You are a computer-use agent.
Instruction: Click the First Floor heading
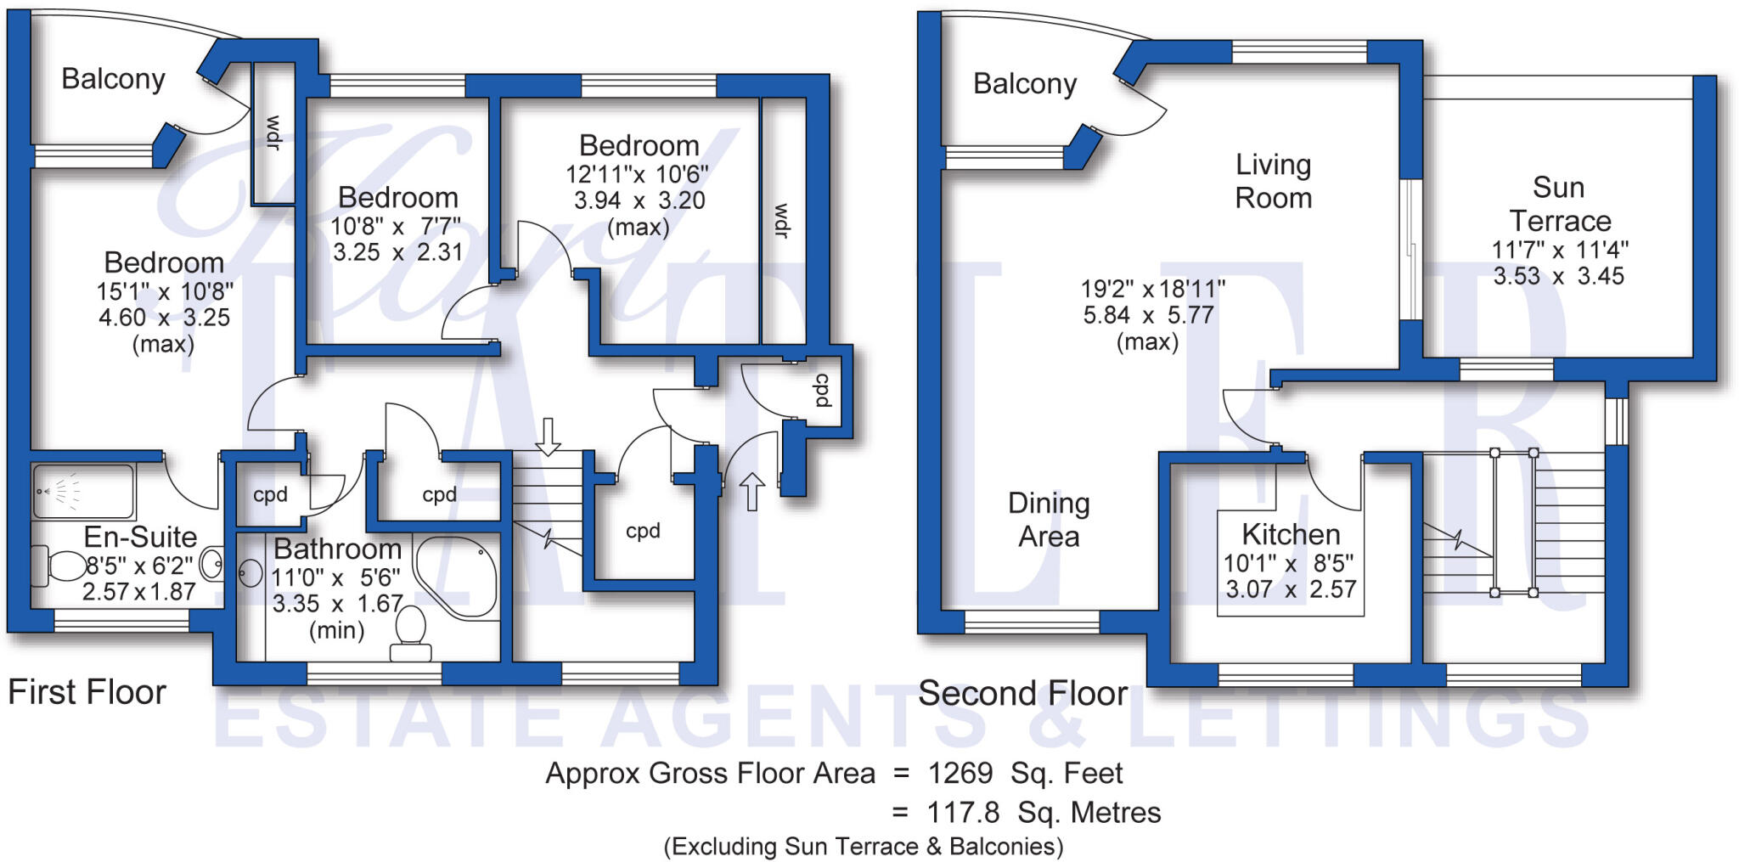click(87, 692)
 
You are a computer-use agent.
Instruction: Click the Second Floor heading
click(1022, 694)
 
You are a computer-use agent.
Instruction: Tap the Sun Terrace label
click(1559, 204)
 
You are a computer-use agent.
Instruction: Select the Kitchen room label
click(1290, 534)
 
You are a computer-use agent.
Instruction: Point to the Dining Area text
click(1049, 520)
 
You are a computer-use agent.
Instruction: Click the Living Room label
click(1273, 181)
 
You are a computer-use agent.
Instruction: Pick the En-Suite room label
click(140, 537)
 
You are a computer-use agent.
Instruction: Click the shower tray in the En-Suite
click(82, 491)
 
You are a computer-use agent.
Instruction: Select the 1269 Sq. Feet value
click(1024, 773)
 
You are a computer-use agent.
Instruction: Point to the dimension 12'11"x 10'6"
click(637, 174)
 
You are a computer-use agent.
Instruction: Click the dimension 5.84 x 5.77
click(1147, 315)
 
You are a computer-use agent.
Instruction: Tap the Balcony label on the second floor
click(1024, 83)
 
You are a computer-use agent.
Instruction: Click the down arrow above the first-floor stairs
click(549, 436)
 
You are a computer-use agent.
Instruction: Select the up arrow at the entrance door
click(751, 492)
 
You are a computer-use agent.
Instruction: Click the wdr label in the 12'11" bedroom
click(781, 221)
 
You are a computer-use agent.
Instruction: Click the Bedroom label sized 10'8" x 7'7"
click(397, 197)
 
